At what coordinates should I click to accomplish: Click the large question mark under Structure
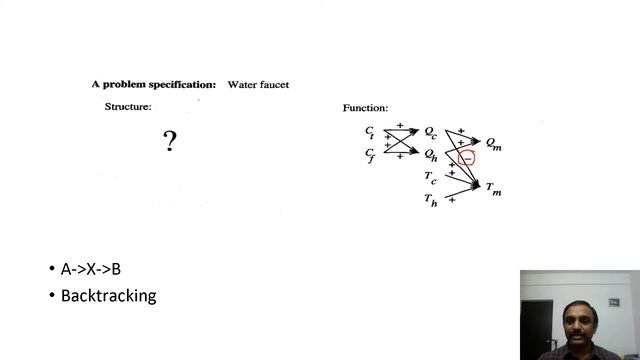pos(170,142)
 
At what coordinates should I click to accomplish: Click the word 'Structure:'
pos(128,106)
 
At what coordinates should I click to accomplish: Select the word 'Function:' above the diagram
pos(365,107)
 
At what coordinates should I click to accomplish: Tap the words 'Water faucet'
pos(258,85)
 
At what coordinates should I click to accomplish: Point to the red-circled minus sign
pos(466,157)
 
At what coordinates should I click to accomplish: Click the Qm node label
pos(494,144)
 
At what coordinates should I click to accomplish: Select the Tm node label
pos(493,188)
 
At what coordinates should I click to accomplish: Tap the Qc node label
pos(430,131)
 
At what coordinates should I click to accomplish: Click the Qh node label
pos(430,154)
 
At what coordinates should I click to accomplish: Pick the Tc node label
pos(430,178)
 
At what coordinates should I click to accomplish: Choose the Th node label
pos(430,201)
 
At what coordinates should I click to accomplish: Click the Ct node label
pos(370,131)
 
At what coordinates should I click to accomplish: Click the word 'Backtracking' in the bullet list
pos(108,296)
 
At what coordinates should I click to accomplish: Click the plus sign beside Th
pos(452,200)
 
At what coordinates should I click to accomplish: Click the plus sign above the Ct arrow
pos(399,125)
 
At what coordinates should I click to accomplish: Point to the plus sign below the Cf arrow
pos(399,157)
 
